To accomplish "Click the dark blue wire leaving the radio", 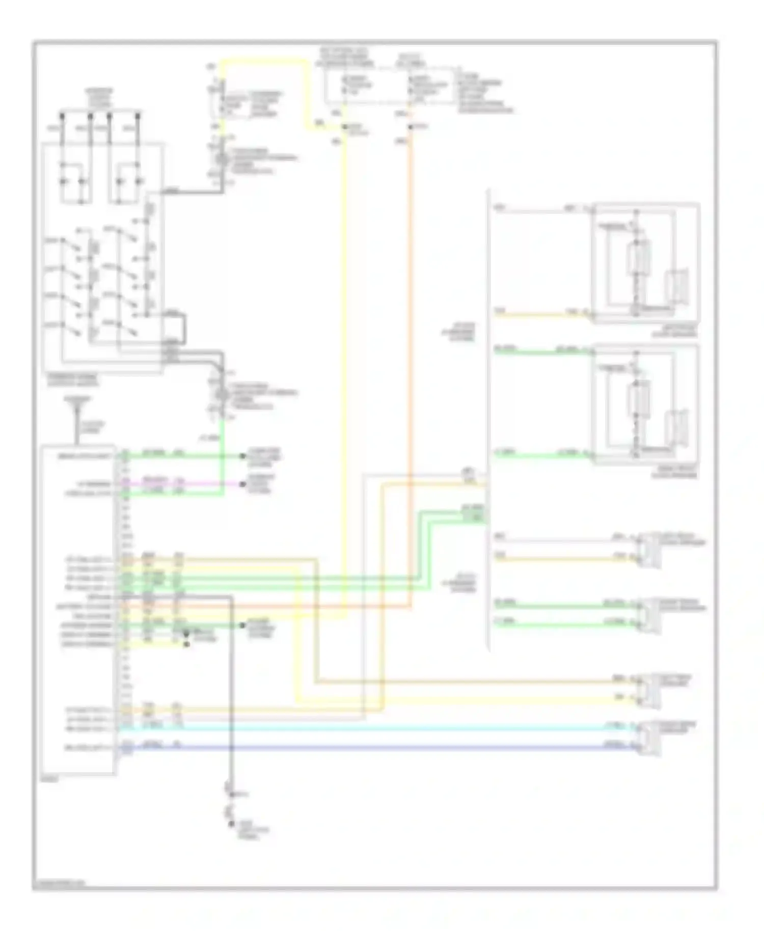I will click(x=357, y=748).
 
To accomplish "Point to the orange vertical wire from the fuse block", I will click(x=411, y=357).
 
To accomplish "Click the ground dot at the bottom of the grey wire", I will click(x=232, y=824).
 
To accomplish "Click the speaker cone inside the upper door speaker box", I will click(x=677, y=285).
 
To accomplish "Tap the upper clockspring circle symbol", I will click(x=222, y=159).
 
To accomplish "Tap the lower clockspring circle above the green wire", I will click(x=222, y=394).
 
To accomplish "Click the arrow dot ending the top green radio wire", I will click(x=243, y=456).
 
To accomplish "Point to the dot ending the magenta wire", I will click(x=243, y=484).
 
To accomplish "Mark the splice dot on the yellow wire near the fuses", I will click(x=345, y=126).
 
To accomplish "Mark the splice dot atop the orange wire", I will click(x=411, y=126).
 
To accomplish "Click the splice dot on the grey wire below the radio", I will click(x=232, y=795).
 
